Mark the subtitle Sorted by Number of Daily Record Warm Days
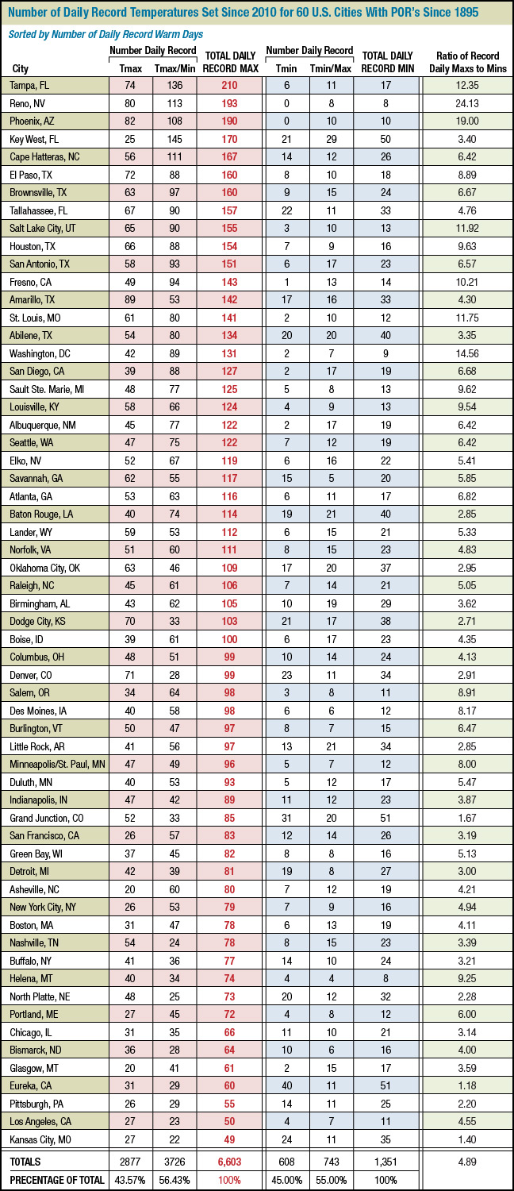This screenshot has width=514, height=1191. (105, 34)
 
